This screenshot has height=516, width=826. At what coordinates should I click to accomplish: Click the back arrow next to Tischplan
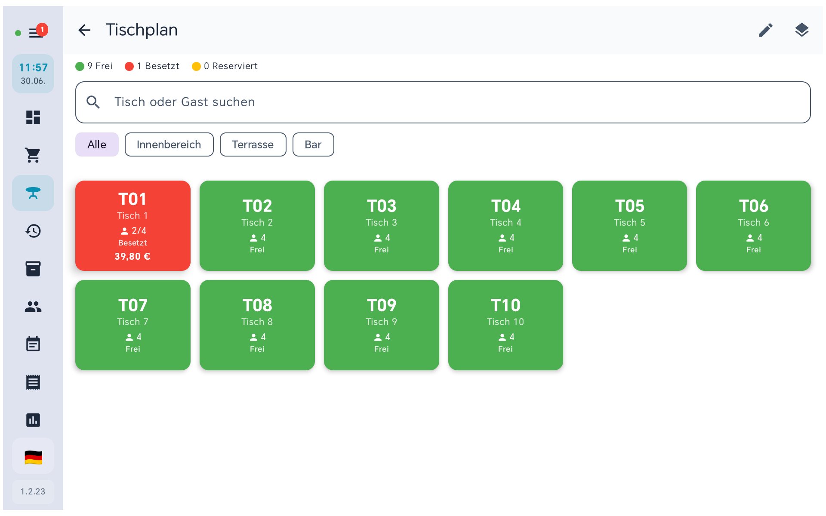point(84,30)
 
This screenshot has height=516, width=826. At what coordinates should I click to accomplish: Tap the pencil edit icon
point(765,30)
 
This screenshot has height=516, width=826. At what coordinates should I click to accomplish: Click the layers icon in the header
point(801,30)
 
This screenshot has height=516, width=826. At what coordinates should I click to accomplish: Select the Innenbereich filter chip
point(169,144)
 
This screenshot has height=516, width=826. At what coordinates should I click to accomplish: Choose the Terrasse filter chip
point(253,144)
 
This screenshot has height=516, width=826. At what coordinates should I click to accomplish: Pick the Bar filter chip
point(313,144)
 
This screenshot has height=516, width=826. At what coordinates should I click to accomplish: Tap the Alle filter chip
point(97,144)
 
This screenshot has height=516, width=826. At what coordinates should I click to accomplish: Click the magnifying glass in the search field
point(93,102)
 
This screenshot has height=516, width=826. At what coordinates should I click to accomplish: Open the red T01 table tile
point(133,226)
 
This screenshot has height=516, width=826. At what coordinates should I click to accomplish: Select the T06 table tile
point(753,226)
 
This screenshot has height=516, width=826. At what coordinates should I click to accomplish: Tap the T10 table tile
point(505,325)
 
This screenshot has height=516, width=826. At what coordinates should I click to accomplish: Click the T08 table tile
point(257,325)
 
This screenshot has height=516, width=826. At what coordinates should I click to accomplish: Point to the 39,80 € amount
point(133,257)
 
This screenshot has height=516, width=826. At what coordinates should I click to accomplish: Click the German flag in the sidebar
point(33,458)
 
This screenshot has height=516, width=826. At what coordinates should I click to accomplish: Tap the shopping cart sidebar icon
point(33,155)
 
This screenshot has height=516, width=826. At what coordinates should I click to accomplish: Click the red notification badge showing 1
point(42,30)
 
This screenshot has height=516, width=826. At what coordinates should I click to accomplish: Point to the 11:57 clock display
point(33,68)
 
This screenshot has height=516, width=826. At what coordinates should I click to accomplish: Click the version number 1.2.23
point(33,491)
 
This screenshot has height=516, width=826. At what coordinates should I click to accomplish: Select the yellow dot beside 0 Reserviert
point(196,66)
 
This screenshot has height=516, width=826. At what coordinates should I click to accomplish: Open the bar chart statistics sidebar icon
point(33,420)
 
